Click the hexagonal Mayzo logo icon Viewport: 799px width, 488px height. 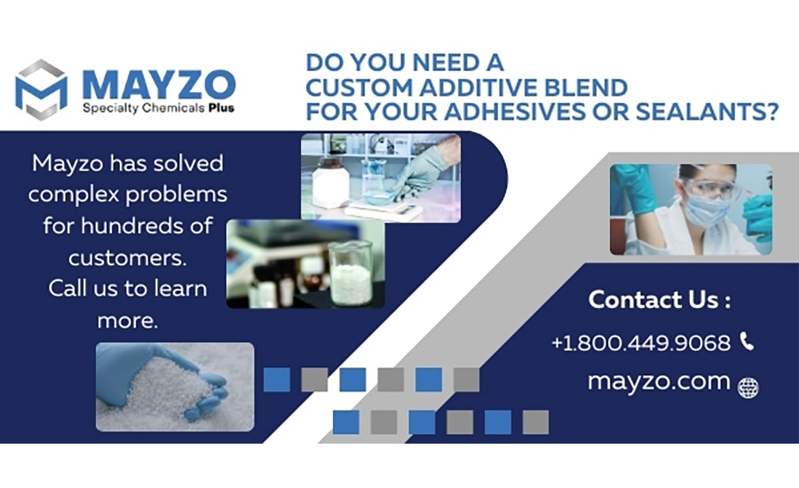41,91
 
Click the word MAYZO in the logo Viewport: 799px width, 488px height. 159,84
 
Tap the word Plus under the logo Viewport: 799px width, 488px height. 221,108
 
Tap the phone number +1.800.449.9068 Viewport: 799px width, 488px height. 641,342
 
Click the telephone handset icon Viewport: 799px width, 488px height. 747,341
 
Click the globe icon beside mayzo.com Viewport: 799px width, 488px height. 748,388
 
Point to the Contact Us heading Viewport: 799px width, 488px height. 660,300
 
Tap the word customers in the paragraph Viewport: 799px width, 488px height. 127,257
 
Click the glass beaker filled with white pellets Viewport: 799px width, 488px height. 350,273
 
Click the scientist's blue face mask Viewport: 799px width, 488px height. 707,210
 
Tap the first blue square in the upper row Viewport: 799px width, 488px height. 277,380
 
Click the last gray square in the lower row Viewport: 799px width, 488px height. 535,422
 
